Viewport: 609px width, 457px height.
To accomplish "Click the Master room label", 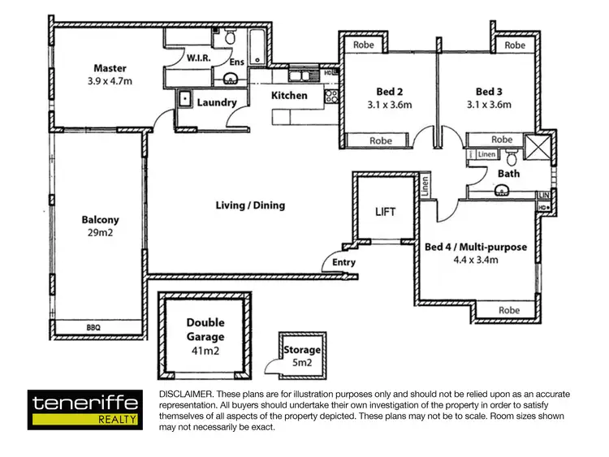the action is click(110, 68).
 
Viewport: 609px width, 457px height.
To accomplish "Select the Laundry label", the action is click(217, 102).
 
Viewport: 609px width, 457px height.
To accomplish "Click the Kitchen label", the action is click(289, 96).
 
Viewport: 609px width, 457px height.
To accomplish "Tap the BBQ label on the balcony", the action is click(94, 328).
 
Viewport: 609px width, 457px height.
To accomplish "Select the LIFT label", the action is click(386, 212).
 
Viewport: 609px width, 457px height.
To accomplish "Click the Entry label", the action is click(343, 262).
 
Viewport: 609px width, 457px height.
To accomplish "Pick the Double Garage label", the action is click(205, 330).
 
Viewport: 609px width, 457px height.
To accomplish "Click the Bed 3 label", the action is click(490, 91).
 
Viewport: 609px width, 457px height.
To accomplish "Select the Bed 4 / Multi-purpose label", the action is click(476, 247).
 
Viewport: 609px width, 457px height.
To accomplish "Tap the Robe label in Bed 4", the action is click(509, 310).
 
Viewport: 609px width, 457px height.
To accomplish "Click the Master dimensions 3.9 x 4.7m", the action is click(110, 82).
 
